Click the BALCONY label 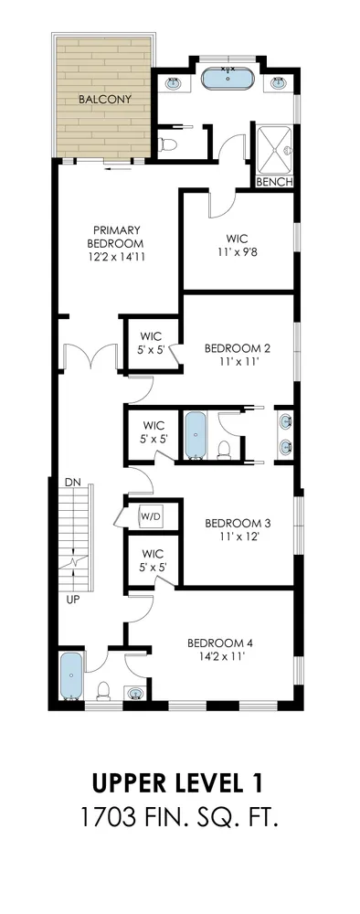tap(105, 99)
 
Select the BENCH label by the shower tap(274, 182)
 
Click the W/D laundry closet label tap(149, 516)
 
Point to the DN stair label tap(72, 482)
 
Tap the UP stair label tap(71, 600)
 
